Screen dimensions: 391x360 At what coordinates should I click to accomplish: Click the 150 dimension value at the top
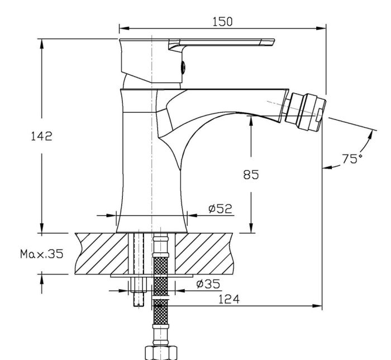pos(222,22)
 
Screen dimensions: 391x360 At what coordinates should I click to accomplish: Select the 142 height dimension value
pos(42,136)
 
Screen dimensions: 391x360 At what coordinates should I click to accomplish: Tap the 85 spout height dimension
pos(251,174)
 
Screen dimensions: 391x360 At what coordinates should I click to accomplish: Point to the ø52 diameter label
pos(220,209)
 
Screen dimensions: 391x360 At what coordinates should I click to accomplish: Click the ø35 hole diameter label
pos(208,284)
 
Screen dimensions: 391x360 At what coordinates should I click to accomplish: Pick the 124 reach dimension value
pos(228,299)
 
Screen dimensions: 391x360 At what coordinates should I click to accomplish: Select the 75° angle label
pos(352,159)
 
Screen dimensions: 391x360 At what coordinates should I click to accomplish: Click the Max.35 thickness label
pos(42,254)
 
